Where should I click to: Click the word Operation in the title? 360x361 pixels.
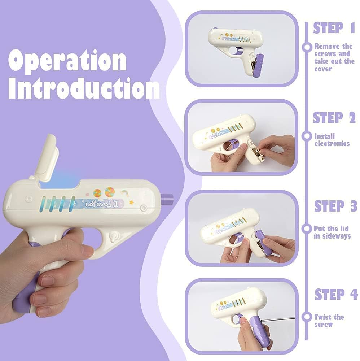[67, 61]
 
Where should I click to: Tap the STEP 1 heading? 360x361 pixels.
[334, 28]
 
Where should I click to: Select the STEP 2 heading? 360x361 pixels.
[334, 118]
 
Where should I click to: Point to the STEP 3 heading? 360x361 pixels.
[335, 206]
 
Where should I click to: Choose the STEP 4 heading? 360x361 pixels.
[336, 295]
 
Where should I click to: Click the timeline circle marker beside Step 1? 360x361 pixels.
[307, 47]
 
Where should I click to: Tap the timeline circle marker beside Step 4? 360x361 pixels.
[307, 317]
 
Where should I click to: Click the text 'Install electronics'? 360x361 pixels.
[332, 140]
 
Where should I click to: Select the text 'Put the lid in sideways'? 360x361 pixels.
[332, 232]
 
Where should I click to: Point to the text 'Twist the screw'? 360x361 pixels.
[329, 321]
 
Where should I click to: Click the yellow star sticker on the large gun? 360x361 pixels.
[132, 203]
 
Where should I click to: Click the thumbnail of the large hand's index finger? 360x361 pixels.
[88, 251]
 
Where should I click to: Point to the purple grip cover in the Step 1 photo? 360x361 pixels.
[259, 65]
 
